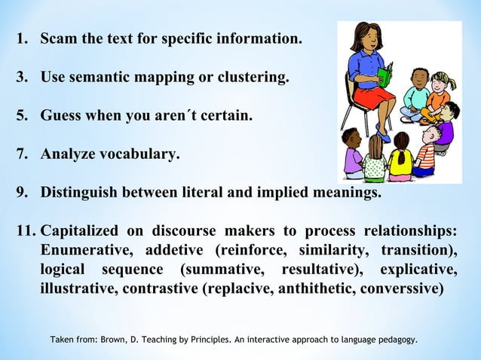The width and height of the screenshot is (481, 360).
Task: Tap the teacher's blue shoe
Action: tap(384, 137)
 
